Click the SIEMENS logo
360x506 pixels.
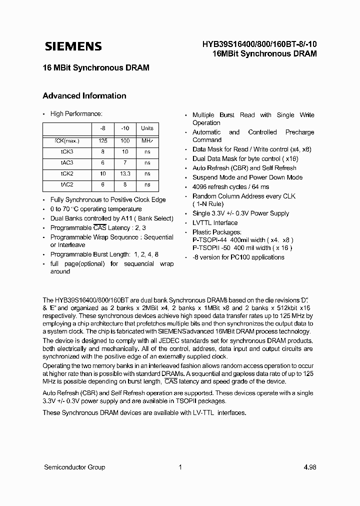coord(73,46)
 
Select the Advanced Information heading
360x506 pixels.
coord(84,96)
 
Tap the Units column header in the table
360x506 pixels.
coord(147,128)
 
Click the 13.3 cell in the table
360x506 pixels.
coord(125,173)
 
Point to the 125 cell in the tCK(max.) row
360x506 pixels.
coord(103,141)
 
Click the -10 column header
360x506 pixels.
coord(125,128)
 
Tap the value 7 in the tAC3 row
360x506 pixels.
coord(125,162)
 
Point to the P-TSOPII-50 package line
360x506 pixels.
coord(242,248)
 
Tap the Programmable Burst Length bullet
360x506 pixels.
coord(104,254)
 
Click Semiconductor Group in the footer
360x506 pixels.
coord(74,467)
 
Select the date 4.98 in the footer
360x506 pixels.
coord(309,467)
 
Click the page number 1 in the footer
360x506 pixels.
coord(180,467)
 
